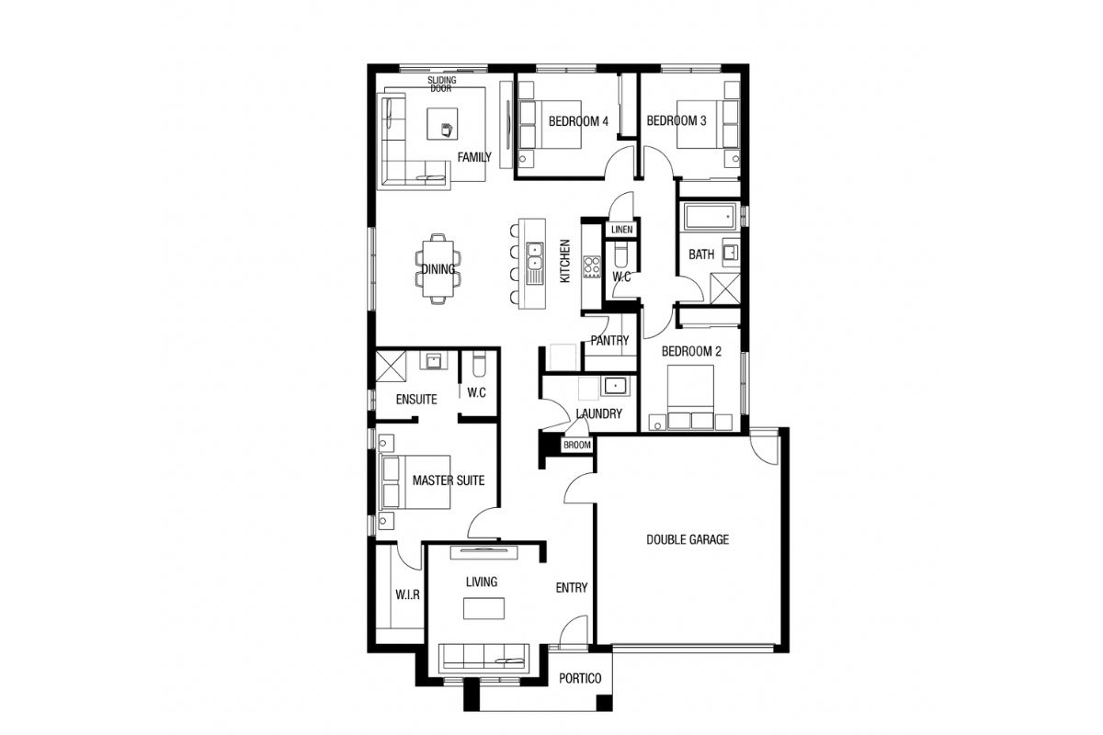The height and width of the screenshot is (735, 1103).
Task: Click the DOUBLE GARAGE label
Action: pyautogui.click(x=688, y=539)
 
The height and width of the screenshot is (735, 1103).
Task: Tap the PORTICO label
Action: pyautogui.click(x=580, y=678)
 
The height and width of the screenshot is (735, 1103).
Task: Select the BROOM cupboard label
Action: pyautogui.click(x=577, y=445)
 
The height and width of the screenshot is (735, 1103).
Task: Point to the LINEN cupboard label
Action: pyautogui.click(x=622, y=230)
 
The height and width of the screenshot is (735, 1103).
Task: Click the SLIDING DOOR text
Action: pyautogui.click(x=441, y=85)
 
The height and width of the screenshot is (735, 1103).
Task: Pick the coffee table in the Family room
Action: pyautogui.click(x=442, y=124)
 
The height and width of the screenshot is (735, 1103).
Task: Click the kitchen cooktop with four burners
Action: pyautogui.click(x=592, y=266)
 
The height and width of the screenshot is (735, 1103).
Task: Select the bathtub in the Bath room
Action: pyautogui.click(x=710, y=217)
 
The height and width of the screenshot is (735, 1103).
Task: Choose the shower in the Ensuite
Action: pyautogui.click(x=391, y=367)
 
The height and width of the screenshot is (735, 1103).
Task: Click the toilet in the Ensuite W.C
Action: pyautogui.click(x=479, y=363)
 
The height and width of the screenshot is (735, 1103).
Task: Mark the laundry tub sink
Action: pyautogui.click(x=615, y=386)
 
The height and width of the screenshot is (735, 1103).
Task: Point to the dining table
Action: pyautogui.click(x=438, y=269)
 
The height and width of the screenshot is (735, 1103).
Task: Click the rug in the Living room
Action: pyautogui.click(x=484, y=608)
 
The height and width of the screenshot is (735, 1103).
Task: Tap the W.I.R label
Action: pyautogui.click(x=408, y=594)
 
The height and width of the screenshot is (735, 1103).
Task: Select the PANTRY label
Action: pyautogui.click(x=609, y=341)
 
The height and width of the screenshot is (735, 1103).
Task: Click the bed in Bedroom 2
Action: pyautogui.click(x=690, y=396)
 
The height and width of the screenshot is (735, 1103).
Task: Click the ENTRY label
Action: pyautogui.click(x=572, y=588)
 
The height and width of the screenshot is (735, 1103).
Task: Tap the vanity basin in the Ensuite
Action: pyautogui.click(x=433, y=360)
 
